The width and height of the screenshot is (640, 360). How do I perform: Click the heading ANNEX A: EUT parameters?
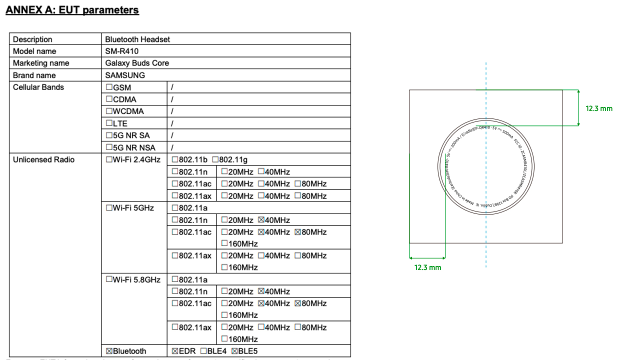click(72, 10)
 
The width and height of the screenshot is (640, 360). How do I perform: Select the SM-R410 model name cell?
click(121, 51)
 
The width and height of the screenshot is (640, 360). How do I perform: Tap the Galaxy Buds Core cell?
click(137, 63)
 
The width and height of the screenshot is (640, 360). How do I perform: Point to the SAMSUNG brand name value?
click(125, 75)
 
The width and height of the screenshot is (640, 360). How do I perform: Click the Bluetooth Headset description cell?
click(137, 39)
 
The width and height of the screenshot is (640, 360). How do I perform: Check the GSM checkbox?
click(109, 87)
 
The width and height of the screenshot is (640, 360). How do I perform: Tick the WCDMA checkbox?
click(109, 111)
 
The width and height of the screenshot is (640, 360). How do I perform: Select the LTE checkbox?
click(109, 123)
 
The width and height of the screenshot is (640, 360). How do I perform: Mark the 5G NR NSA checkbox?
click(109, 147)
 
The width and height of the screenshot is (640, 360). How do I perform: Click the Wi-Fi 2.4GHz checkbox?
click(109, 159)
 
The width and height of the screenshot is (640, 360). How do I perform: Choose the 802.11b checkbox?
click(175, 159)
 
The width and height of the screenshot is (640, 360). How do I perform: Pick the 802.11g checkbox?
click(215, 159)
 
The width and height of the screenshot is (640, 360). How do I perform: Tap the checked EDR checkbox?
click(175, 351)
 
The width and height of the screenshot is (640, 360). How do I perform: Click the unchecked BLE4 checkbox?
click(203, 351)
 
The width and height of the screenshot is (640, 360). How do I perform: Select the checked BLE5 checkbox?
click(234, 351)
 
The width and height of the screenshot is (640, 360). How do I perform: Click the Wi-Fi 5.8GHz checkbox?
click(109, 279)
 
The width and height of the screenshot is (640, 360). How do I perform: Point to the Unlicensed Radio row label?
click(43, 159)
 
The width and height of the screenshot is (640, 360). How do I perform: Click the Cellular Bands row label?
click(38, 87)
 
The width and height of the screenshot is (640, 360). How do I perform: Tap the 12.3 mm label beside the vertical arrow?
click(598, 108)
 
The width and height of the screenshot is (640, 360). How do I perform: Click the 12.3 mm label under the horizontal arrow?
click(427, 267)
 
